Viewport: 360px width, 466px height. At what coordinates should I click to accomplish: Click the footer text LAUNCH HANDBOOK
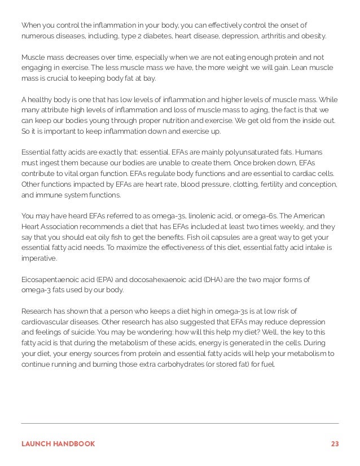click(58, 443)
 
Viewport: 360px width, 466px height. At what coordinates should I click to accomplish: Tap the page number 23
click(335, 443)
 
